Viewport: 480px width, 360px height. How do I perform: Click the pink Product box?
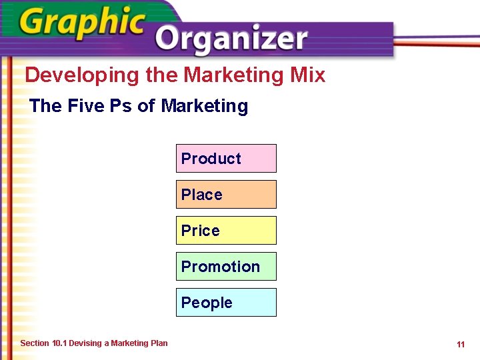tap(226, 159)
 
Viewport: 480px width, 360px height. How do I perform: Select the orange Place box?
tap(226, 195)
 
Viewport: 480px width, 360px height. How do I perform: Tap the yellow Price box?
tap(226, 231)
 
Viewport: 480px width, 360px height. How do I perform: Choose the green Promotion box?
tap(226, 267)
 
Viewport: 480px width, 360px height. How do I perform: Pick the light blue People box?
tap(226, 303)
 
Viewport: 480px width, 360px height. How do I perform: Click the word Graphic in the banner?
tap(81, 25)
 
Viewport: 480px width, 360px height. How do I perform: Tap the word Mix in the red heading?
tap(308, 75)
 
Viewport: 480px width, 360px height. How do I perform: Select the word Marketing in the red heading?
tap(235, 75)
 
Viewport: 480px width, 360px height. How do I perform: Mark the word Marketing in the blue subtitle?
tap(204, 106)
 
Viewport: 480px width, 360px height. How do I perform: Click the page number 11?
tap(461, 345)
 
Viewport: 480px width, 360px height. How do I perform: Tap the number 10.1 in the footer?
tap(59, 343)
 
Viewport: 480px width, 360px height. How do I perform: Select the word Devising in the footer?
tap(85, 343)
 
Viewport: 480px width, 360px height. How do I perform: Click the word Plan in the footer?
tap(159, 343)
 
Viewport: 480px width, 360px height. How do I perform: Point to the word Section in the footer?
tap(35, 343)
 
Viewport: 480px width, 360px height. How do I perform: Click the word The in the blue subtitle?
tap(45, 106)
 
